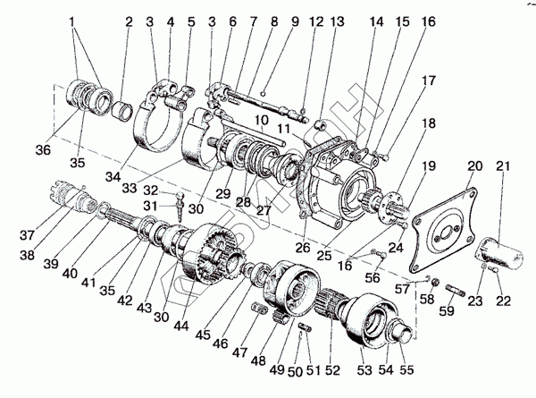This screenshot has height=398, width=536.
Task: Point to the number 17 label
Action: (x=430, y=80)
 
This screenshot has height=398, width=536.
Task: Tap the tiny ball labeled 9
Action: (x=265, y=92)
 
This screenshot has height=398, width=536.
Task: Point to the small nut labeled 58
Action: (x=426, y=285)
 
